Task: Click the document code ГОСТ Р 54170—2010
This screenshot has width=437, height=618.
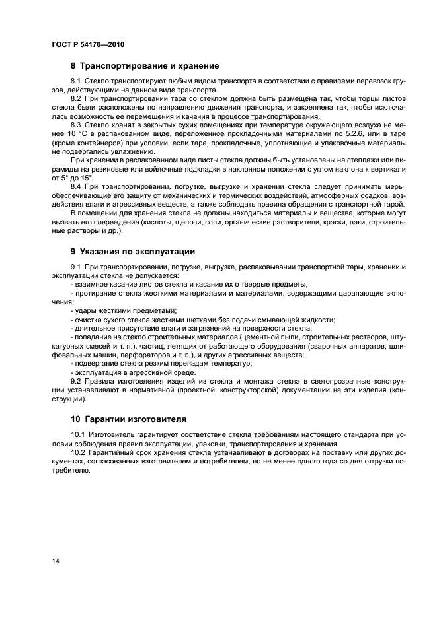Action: (88, 44)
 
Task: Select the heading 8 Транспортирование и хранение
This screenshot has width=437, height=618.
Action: (145, 66)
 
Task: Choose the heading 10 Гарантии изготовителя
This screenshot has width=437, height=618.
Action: (129, 419)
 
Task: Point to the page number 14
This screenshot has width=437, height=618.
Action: (56, 561)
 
